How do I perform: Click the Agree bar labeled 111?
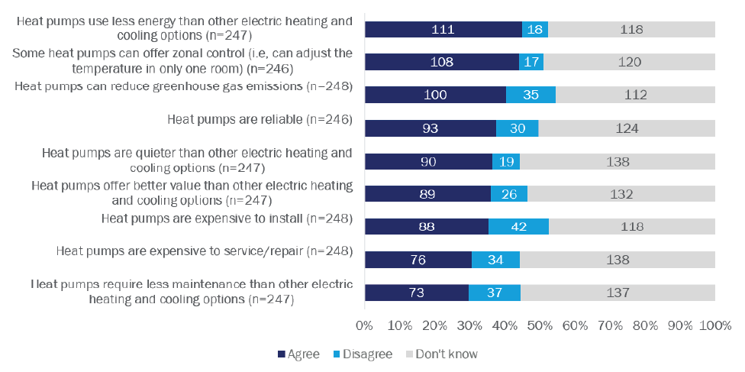click(443, 30)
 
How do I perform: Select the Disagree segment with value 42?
click(518, 226)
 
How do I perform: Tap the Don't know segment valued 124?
click(627, 128)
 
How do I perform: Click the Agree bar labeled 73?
click(417, 293)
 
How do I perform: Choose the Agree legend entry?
click(298, 354)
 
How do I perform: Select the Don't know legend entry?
click(441, 354)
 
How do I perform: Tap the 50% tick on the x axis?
click(540, 325)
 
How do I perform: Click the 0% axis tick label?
click(364, 325)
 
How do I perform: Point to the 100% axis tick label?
click(715, 325)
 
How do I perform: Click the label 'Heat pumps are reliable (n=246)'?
click(259, 119)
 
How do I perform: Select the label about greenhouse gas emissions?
click(183, 86)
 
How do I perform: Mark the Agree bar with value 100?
click(435, 95)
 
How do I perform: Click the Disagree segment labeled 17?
click(531, 63)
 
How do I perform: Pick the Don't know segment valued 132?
click(621, 194)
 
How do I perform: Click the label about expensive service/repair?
click(205, 251)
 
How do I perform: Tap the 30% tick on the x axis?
click(469, 325)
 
